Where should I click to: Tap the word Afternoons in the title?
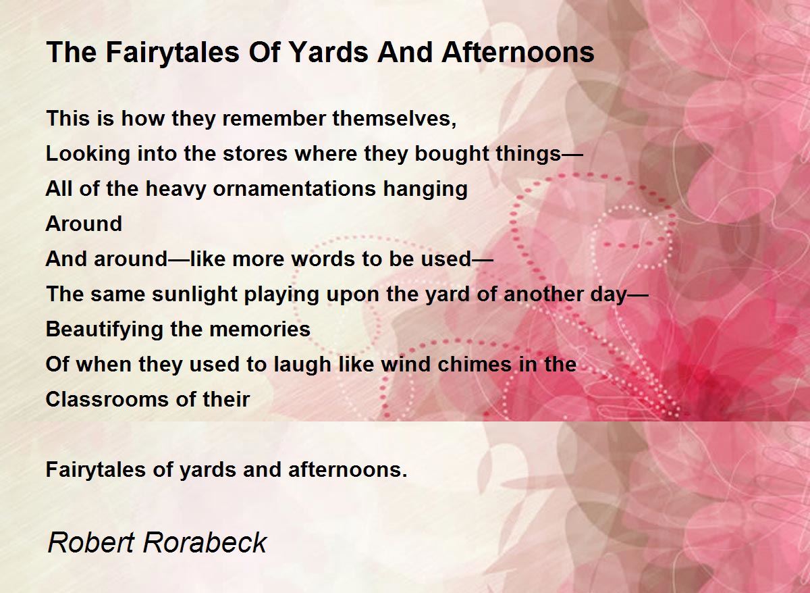pyautogui.click(x=518, y=52)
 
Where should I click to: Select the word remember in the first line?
pyautogui.click(x=274, y=118)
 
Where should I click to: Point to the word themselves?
pyautogui.click(x=394, y=118)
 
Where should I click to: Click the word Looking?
pyautogui.click(x=88, y=154)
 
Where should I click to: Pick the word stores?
pyautogui.click(x=255, y=154)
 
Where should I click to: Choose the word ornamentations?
pyautogui.click(x=294, y=189)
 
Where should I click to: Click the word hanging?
pyautogui.click(x=425, y=189)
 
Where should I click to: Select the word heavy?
pyautogui.click(x=175, y=189)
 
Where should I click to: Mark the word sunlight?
pyautogui.click(x=194, y=294)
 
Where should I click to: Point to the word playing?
pyautogui.click(x=281, y=294)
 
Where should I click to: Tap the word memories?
pyautogui.click(x=260, y=329)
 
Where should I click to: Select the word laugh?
pyautogui.click(x=302, y=364)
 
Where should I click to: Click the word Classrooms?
pyautogui.click(x=107, y=400)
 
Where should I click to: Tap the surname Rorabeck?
pyautogui.click(x=205, y=543)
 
